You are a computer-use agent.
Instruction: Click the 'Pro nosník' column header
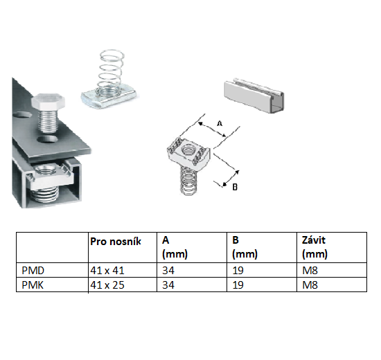[116, 241]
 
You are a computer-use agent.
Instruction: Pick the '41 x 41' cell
[105, 272]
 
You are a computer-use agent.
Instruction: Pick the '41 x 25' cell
[105, 285]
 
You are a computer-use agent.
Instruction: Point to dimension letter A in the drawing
[219, 123]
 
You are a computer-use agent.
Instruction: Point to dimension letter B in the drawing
[235, 186]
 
